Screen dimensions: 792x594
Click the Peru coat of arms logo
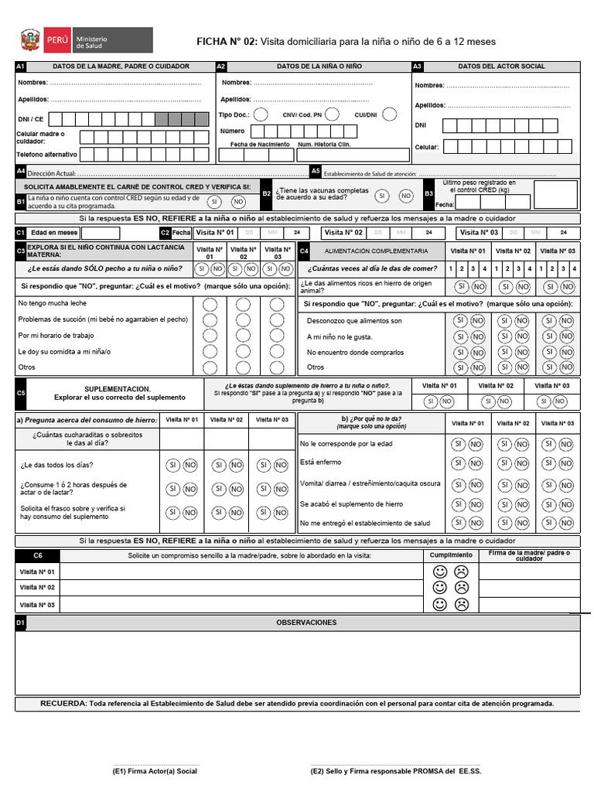pyautogui.click(x=29, y=40)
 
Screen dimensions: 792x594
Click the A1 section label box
pyautogui.click(x=21, y=67)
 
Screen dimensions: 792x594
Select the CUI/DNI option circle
pyautogui.click(x=389, y=114)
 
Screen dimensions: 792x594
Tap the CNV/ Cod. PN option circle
pyautogui.click(x=332, y=114)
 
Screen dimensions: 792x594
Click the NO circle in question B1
pyautogui.click(x=238, y=201)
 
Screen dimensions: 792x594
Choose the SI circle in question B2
pyautogui.click(x=381, y=196)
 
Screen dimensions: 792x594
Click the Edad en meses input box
pyautogui.click(x=101, y=233)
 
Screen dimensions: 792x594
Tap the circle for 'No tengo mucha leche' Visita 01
pyautogui.click(x=210, y=304)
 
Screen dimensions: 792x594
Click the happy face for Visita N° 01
pyautogui.click(x=440, y=572)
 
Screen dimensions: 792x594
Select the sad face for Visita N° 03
pyautogui.click(x=461, y=604)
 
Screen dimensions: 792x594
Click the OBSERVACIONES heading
pyautogui.click(x=306, y=623)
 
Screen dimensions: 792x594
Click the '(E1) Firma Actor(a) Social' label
pyautogui.click(x=155, y=771)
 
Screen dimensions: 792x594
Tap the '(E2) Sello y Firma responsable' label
pyautogui.click(x=395, y=771)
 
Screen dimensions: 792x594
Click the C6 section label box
pyautogui.click(x=38, y=556)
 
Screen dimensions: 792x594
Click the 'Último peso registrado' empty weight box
pyautogui.click(x=555, y=195)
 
